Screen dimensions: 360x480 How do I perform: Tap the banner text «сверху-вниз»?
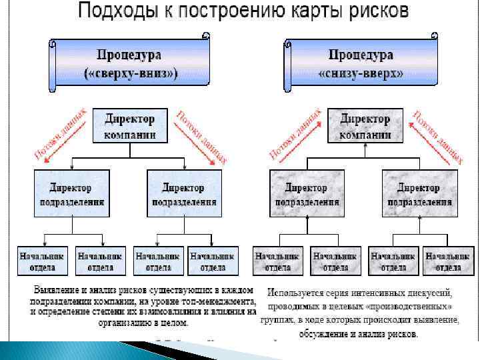click(131, 73)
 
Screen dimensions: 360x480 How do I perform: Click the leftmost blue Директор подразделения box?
click(71, 193)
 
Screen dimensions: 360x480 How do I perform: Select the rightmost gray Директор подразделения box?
click(420, 193)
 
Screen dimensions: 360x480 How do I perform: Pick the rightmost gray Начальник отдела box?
click(447, 261)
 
